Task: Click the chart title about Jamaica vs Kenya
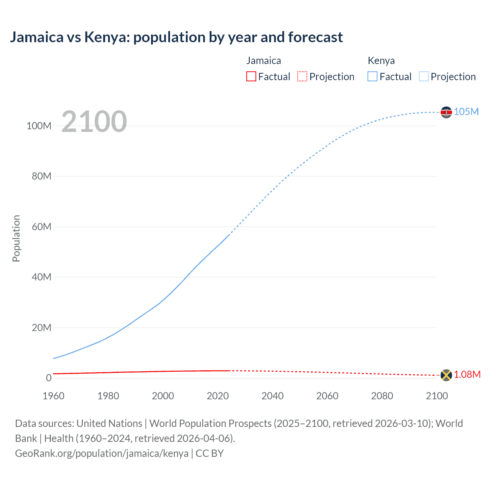pos(176,37)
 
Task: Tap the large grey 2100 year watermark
pos(94,122)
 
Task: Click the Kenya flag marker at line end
pos(446,112)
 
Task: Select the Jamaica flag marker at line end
pos(446,375)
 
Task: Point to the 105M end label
pos(466,112)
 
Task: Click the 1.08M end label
pos(467,374)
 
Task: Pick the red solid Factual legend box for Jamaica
pos(251,76)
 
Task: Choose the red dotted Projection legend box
pos(302,76)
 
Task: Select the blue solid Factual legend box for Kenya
pos(372,76)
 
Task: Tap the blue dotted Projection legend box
pos(424,76)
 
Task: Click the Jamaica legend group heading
pos(264,61)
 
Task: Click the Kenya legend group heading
pos(381,61)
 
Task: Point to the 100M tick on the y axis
pos(39,126)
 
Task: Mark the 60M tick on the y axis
pos(41,227)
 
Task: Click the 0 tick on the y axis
pos(48,378)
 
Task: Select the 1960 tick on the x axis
pos(53,396)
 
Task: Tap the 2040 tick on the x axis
pos(272,396)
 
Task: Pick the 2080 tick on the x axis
pos(382,396)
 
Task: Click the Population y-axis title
pos(16,238)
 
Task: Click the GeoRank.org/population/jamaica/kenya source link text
pos(102,453)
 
